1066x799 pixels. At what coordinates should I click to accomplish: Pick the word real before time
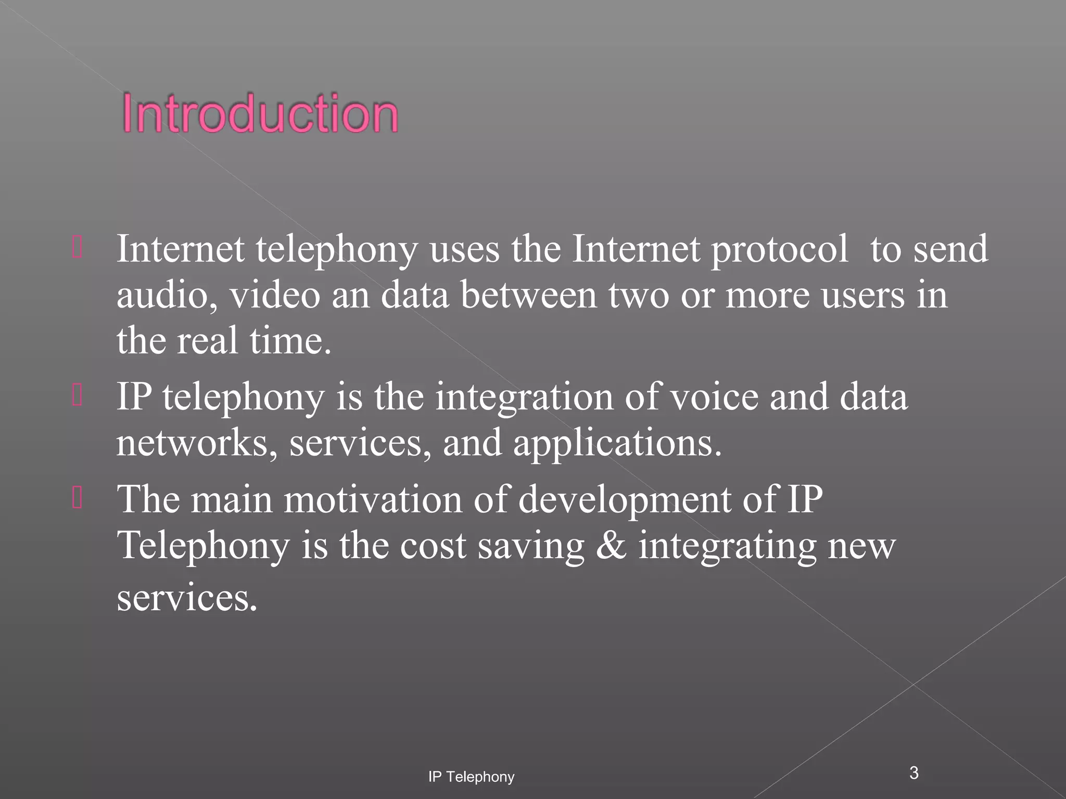click(207, 340)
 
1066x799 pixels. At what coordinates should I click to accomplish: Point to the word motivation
click(373, 499)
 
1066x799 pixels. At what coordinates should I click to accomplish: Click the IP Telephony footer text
click(471, 777)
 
